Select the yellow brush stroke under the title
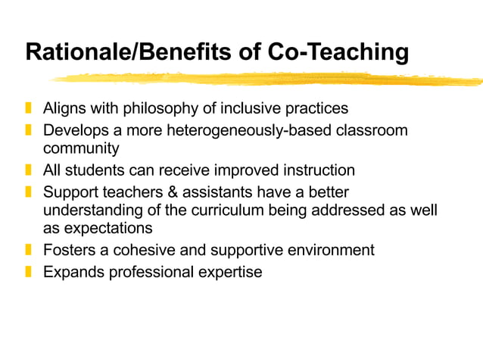click(x=265, y=78)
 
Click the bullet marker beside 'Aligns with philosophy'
click(x=28, y=108)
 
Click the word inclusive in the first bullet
click(x=258, y=108)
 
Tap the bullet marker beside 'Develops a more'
click(x=28, y=130)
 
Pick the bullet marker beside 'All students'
click(x=28, y=170)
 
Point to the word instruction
click(x=318, y=170)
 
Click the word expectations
click(x=108, y=228)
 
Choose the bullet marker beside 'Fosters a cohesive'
click(x=28, y=249)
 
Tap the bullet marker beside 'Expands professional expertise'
click(x=28, y=271)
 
